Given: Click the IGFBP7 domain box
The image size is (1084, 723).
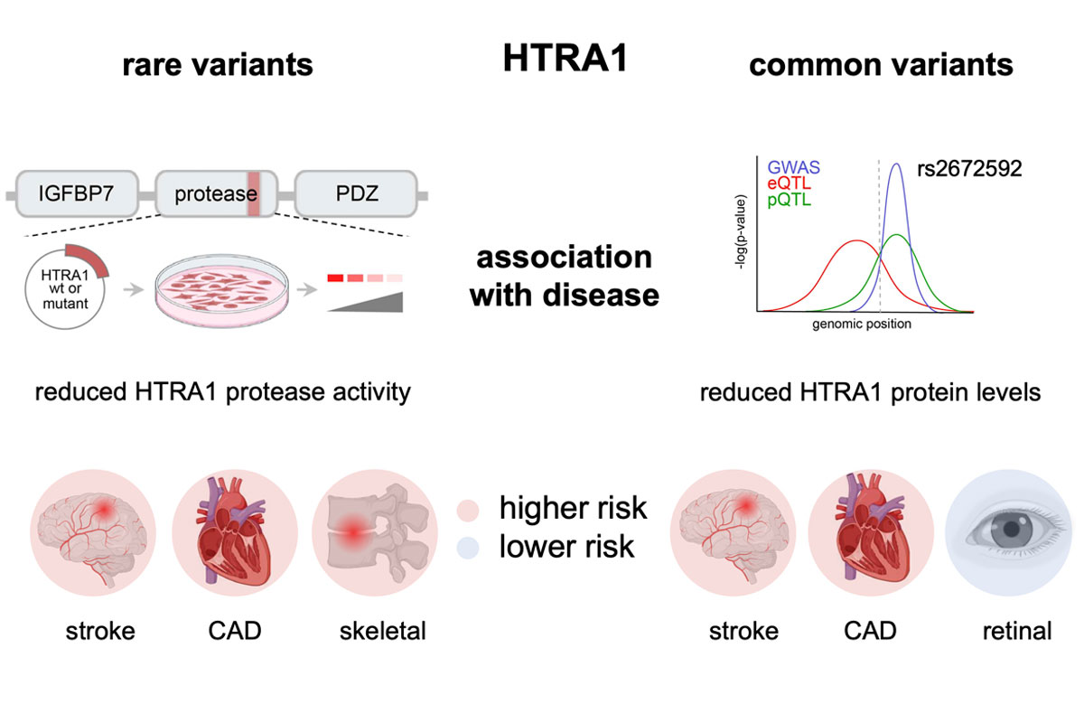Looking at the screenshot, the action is click(x=77, y=193).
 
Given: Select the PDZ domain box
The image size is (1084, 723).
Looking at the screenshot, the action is click(x=356, y=193).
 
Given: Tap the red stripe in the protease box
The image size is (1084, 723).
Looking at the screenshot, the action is click(x=254, y=193).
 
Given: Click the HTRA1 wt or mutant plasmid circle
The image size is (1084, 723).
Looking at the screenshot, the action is click(x=65, y=288).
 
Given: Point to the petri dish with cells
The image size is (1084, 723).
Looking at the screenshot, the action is click(x=222, y=291).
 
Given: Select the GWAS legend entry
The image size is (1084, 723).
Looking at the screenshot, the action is click(x=794, y=167).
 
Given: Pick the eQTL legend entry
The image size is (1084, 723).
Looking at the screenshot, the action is click(x=789, y=183).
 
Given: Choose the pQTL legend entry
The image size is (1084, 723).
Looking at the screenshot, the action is click(x=789, y=200).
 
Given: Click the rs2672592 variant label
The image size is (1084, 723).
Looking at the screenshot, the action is click(x=969, y=168).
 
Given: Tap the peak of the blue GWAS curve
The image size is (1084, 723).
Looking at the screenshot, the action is click(x=897, y=164).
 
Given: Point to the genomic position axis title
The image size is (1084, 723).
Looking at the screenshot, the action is click(x=862, y=324).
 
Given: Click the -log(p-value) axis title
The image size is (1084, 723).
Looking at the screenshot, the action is click(x=741, y=232).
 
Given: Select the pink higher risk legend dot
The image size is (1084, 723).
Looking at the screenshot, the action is click(x=468, y=510).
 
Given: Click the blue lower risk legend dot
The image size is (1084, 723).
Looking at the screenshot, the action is click(x=468, y=548).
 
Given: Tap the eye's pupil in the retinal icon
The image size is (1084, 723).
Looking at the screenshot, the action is click(x=1011, y=530).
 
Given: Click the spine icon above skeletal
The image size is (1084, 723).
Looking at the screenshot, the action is click(x=375, y=532).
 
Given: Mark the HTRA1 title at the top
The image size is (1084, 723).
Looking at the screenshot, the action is click(x=565, y=58).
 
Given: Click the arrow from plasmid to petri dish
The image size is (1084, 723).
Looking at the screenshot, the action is click(x=134, y=289).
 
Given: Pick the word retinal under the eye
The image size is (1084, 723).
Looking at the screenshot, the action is click(x=1017, y=631).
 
